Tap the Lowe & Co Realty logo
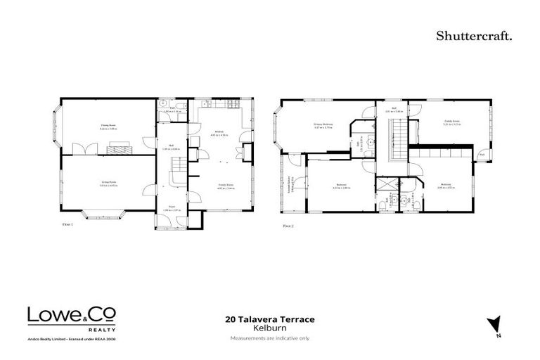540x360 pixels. pos(72,318)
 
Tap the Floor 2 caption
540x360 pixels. pos(288,226)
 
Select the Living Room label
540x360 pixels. pos(107,181)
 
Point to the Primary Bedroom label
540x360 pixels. pos(323,124)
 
